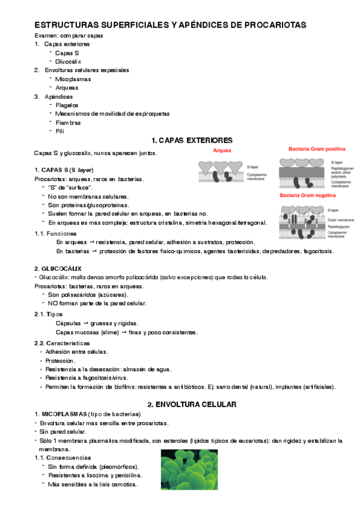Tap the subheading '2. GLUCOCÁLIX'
point(58,268)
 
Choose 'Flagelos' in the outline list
point(67,105)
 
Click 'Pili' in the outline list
point(59,131)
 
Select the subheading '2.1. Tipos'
point(49,314)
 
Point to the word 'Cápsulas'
point(69,323)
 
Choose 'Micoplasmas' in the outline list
point(73,79)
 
